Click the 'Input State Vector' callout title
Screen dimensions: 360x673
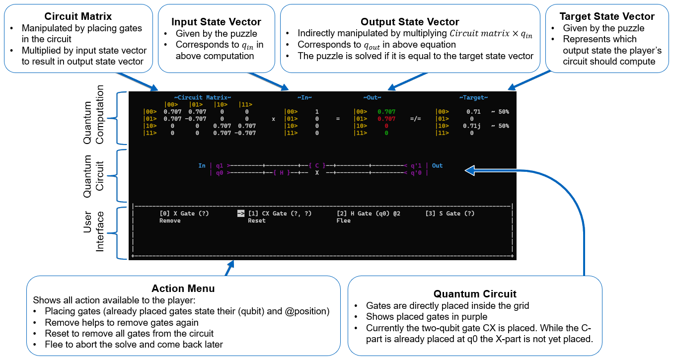point(216,22)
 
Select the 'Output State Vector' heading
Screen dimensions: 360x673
point(410,22)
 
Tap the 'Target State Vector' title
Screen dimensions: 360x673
point(606,16)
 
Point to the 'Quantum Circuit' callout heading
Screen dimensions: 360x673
point(475,293)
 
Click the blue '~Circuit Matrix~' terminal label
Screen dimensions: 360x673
point(203,98)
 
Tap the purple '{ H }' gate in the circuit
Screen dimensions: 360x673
point(281,173)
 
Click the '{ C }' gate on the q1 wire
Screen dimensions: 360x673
point(317,166)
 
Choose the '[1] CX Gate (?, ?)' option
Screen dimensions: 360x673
point(280,214)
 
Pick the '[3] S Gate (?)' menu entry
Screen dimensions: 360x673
point(450,214)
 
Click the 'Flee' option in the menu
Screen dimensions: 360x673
point(344,221)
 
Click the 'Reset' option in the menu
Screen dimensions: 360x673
point(257,221)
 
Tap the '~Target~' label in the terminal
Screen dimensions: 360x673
point(473,98)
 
